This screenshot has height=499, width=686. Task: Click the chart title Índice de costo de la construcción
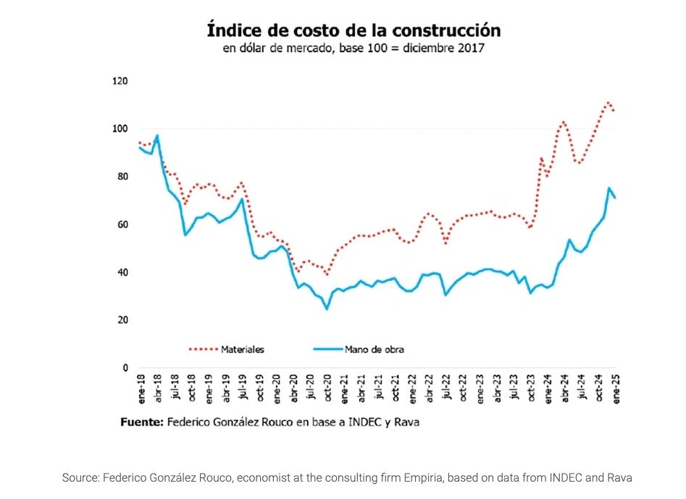point(354,30)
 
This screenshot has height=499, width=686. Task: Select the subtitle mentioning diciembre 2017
point(354,49)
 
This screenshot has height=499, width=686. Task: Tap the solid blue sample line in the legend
point(331,349)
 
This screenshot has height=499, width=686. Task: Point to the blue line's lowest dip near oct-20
point(327,309)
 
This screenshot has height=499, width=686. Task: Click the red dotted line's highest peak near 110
point(608,103)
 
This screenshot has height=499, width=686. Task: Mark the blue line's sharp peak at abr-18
point(157,135)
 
